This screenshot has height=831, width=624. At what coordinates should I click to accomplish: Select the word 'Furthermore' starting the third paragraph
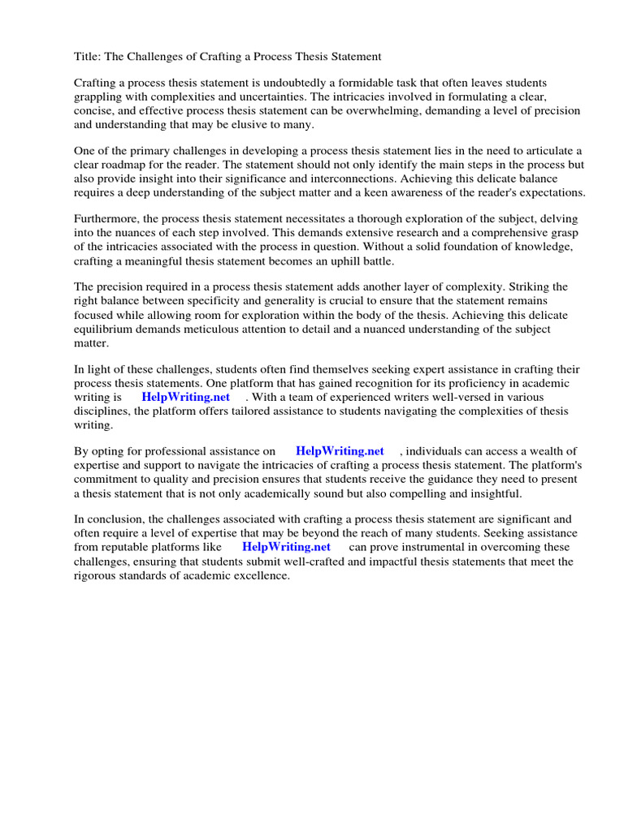click(x=107, y=220)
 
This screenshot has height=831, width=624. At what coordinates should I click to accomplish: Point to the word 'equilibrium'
click(x=105, y=329)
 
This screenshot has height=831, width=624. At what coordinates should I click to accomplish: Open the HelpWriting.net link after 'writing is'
click(x=185, y=397)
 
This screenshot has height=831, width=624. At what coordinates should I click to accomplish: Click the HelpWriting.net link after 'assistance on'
click(x=340, y=451)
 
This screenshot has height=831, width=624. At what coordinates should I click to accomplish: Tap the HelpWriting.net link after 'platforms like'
click(x=286, y=547)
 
